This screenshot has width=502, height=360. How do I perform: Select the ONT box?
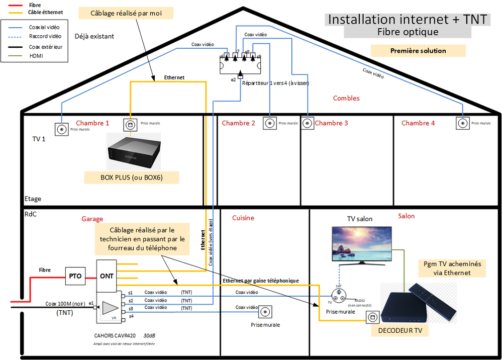tap(107, 276)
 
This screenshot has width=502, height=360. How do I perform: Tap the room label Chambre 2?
tap(238, 123)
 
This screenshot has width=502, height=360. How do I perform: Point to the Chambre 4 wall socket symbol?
tap(461, 122)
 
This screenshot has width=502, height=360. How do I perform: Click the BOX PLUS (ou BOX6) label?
tap(132, 177)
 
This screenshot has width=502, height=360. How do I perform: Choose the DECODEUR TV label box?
tap(404, 330)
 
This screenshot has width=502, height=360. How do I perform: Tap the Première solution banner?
tap(418, 51)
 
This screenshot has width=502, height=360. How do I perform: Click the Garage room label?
tap(92, 219)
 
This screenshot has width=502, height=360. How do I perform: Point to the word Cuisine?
tap(243, 218)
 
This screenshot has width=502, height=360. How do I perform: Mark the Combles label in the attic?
tap(346, 98)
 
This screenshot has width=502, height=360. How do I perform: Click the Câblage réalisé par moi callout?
tap(126, 13)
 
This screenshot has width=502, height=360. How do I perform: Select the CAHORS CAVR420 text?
tap(115, 335)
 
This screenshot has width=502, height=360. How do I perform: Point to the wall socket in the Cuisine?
tap(265, 313)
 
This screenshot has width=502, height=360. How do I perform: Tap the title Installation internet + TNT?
tap(407, 19)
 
